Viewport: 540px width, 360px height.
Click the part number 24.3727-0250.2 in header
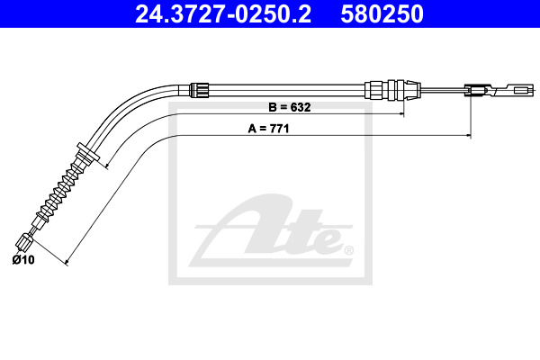pos(223,14)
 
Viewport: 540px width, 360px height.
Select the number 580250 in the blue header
pos(382,14)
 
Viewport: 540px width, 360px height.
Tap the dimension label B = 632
pos(290,107)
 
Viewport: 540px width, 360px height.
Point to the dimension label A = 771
pos(268,129)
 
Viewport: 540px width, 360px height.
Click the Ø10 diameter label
pos(23,259)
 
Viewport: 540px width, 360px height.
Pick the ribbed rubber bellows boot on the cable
pos(61,190)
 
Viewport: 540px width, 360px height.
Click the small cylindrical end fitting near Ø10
pos(24,242)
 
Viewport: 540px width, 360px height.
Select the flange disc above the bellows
pos(88,152)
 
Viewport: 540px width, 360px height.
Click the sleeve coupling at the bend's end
pos(200,90)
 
